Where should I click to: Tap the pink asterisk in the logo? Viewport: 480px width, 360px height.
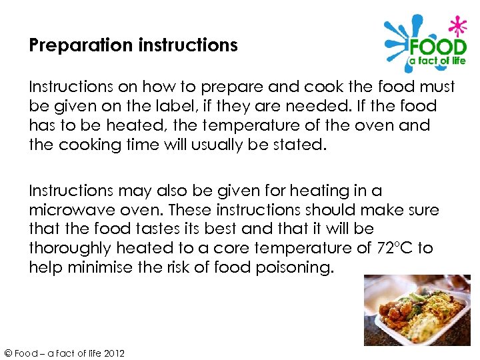(x=457, y=27)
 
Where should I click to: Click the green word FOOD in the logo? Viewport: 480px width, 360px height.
(x=437, y=48)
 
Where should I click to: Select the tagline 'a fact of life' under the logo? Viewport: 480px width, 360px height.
(x=437, y=61)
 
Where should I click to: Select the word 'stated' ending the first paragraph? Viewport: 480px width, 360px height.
(x=301, y=144)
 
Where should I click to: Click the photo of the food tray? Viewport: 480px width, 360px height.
(x=417, y=309)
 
